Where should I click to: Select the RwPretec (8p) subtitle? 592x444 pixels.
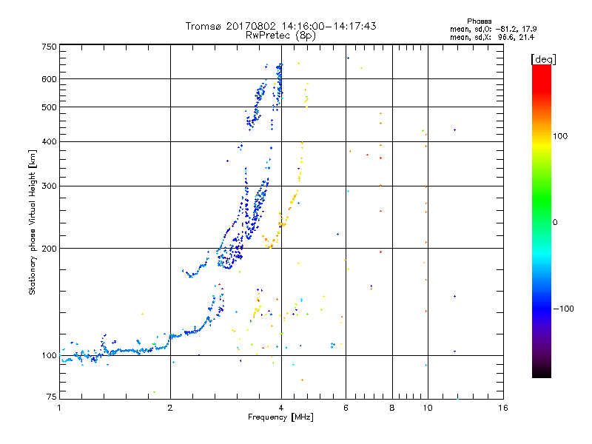pos(280,35)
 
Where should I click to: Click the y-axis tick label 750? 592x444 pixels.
pos(49,46)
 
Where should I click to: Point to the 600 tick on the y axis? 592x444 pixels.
pos(49,79)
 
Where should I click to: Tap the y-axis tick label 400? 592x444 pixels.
pos(49,141)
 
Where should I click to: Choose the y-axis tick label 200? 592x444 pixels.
pos(49,249)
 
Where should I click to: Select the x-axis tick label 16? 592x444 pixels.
pos(502,408)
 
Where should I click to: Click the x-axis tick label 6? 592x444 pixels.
pos(346,408)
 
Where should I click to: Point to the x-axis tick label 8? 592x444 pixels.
pos(392,408)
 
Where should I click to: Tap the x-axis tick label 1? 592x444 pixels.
pos(59,408)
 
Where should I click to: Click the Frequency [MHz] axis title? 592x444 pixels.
pos(280,418)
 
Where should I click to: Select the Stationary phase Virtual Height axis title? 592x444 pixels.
pos(33,222)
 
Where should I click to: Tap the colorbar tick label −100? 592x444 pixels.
pos(565,308)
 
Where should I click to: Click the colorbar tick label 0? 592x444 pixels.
pos(556,222)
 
